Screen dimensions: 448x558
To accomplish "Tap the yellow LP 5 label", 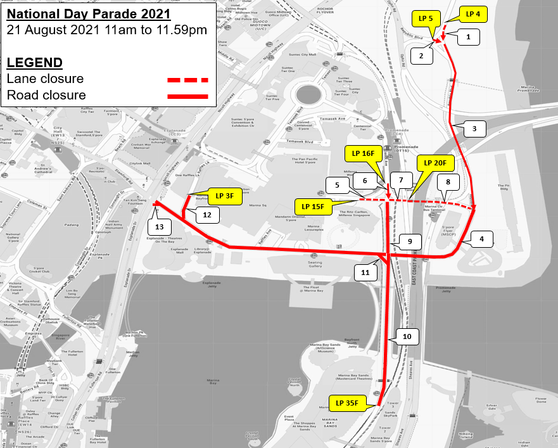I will [x=426, y=19].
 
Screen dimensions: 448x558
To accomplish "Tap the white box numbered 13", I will [x=160, y=226].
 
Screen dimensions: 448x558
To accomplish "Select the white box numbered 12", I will [x=207, y=215].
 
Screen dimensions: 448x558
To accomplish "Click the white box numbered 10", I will [x=407, y=336].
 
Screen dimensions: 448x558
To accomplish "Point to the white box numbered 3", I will [x=474, y=129].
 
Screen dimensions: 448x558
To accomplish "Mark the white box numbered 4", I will [x=482, y=239].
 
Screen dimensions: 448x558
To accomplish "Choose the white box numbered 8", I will [x=448, y=182].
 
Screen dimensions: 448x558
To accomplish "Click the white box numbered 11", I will [x=365, y=272].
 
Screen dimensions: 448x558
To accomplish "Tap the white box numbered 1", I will [x=468, y=37].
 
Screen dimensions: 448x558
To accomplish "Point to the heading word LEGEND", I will [x=34, y=62].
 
